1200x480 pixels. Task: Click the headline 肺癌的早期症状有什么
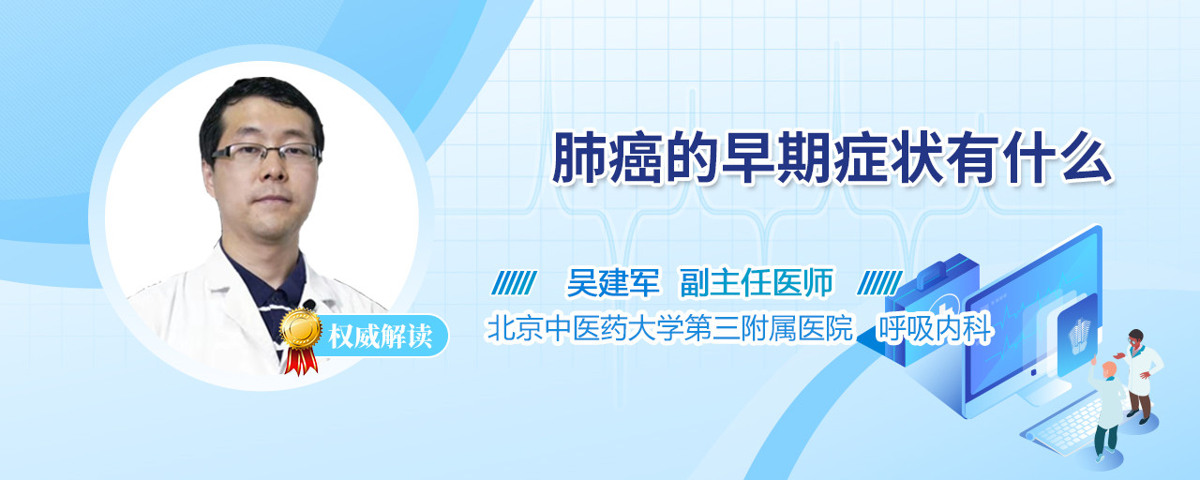[832, 158]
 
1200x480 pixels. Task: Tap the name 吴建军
[613, 282]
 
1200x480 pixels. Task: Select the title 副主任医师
[757, 282]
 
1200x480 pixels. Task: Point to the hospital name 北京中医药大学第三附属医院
[669, 328]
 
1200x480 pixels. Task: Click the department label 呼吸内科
[935, 328]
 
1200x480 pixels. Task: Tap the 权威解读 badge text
[380, 337]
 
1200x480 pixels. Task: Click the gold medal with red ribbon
[301, 340]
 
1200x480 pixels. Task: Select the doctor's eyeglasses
[265, 153]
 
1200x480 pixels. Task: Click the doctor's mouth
[272, 199]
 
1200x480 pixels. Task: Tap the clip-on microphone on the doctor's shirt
[309, 305]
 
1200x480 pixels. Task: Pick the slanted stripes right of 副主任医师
[879, 283]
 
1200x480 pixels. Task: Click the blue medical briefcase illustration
[931, 309]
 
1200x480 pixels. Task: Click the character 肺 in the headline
[579, 158]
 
